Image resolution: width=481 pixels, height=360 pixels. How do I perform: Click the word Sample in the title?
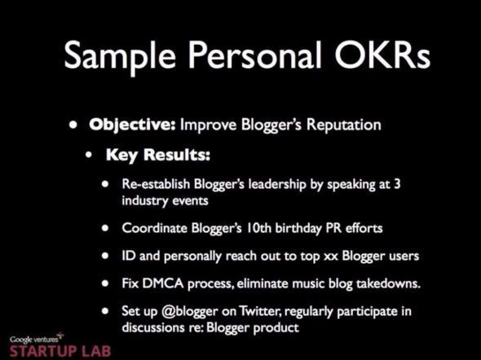tap(120, 56)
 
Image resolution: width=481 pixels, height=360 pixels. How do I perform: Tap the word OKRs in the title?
tap(382, 55)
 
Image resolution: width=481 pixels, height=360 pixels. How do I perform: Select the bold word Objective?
tap(132, 125)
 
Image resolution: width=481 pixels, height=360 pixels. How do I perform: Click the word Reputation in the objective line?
tap(344, 125)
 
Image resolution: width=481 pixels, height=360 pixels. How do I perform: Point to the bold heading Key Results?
tap(158, 155)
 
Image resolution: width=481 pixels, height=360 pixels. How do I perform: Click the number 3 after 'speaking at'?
tap(397, 183)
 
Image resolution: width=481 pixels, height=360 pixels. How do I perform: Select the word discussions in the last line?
tap(153, 327)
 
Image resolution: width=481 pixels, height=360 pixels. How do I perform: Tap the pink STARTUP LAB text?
tap(60, 351)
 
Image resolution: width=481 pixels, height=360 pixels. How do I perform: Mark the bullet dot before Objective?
tap(73, 125)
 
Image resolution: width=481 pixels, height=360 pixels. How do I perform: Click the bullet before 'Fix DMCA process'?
tap(105, 283)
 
